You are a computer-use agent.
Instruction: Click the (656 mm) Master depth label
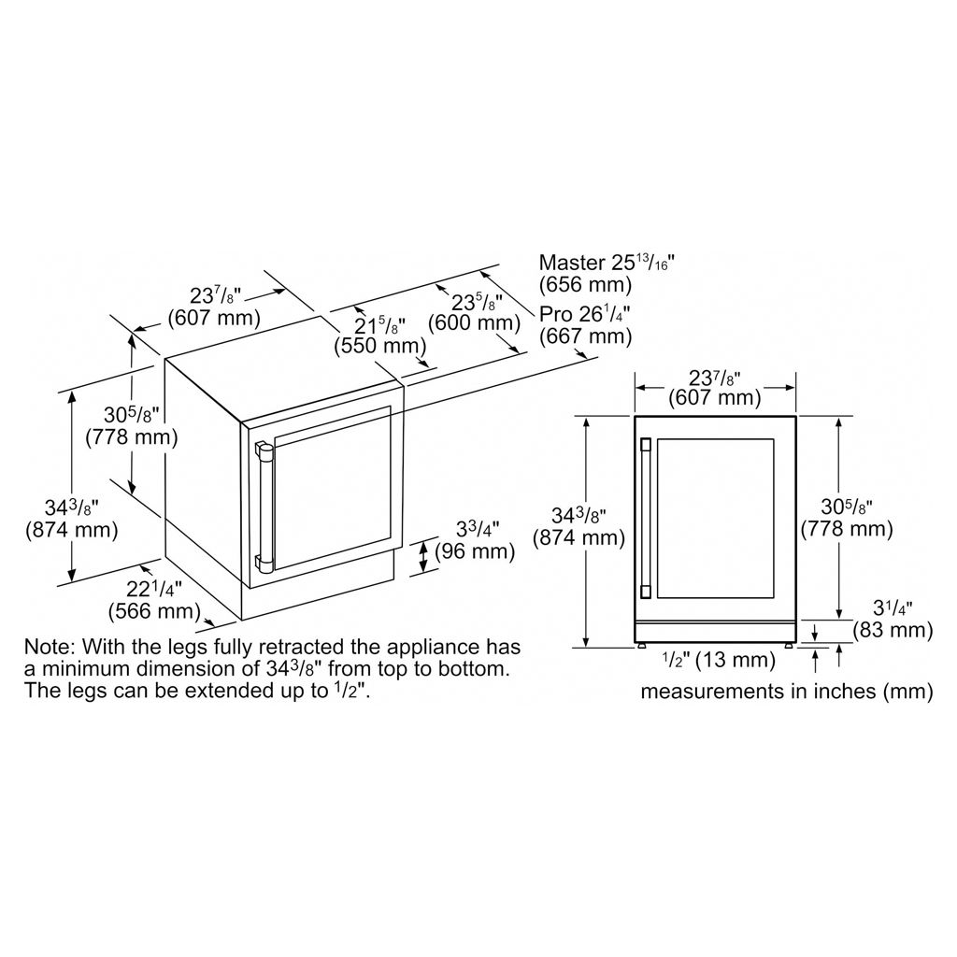click(x=585, y=285)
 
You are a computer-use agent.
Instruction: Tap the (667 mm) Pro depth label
click(x=585, y=336)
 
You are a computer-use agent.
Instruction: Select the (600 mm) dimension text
click(x=474, y=322)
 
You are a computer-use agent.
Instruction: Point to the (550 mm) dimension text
click(x=380, y=346)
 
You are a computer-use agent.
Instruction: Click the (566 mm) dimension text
click(x=154, y=611)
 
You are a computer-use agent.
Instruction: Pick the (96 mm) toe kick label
click(x=475, y=551)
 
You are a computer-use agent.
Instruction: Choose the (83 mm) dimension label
click(x=893, y=630)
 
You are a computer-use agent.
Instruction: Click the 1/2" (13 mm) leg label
click(x=719, y=660)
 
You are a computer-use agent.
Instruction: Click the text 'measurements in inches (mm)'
click(x=787, y=692)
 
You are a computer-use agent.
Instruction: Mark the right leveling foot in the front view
click(x=789, y=645)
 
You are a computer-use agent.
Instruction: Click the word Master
click(x=572, y=263)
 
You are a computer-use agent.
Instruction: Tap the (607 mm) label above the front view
click(x=715, y=398)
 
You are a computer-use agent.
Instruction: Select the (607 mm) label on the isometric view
click(x=214, y=318)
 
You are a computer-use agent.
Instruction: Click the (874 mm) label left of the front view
click(x=579, y=537)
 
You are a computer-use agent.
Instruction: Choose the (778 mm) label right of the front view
click(x=847, y=529)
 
